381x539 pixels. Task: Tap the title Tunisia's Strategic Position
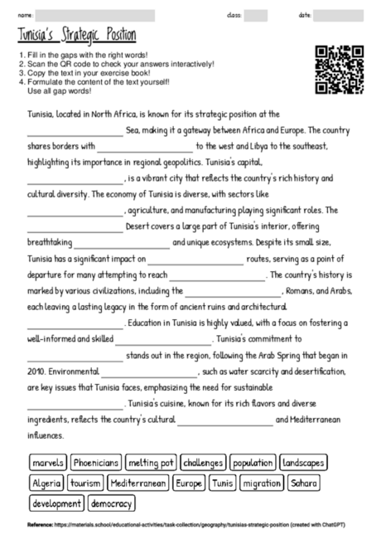pyautogui.click(x=77, y=36)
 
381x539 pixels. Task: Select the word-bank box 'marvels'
pyautogui.click(x=47, y=462)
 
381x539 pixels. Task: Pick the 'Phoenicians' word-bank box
pyautogui.click(x=96, y=462)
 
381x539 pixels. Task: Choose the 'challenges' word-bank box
pyautogui.click(x=203, y=462)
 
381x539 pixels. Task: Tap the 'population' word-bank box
pyautogui.click(x=252, y=462)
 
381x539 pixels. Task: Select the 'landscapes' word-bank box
pyautogui.click(x=303, y=462)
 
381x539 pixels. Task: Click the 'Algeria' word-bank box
pyautogui.click(x=46, y=483)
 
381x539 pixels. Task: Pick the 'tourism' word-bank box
pyautogui.click(x=86, y=483)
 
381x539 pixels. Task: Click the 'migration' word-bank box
pyautogui.click(x=262, y=483)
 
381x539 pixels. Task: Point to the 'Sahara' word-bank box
pyautogui.click(x=305, y=483)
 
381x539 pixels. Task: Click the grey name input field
pyautogui.click(x=96, y=15)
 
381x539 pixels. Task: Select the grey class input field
pyautogui.click(x=256, y=15)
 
